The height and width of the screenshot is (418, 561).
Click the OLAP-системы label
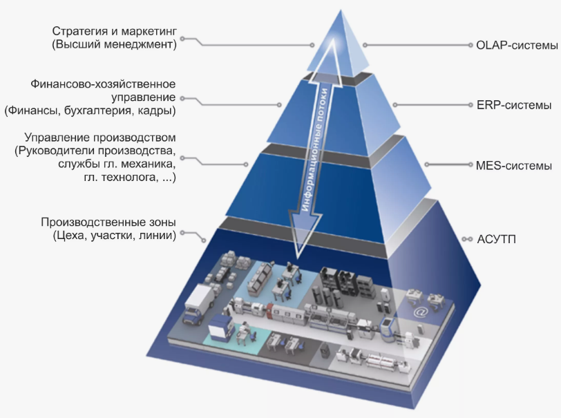(x=517, y=46)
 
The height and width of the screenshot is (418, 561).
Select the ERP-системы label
(x=514, y=105)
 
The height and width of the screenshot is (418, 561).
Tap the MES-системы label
(x=514, y=166)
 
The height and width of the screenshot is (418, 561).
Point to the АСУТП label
(x=497, y=239)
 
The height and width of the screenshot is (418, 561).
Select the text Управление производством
(x=100, y=137)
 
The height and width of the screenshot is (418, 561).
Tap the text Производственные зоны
(x=108, y=222)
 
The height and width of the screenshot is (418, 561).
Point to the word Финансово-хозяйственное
(x=103, y=84)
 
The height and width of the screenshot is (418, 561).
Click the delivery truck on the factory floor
(x=199, y=304)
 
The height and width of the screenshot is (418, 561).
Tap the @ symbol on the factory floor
(x=421, y=312)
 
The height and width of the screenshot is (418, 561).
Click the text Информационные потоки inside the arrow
(x=314, y=149)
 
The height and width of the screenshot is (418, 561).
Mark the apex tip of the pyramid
(x=341, y=10)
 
